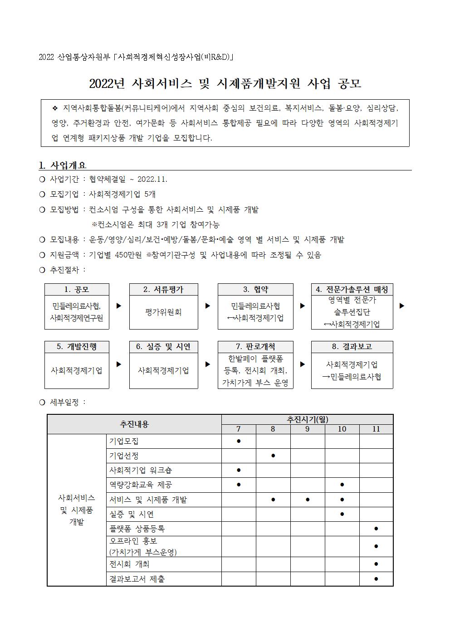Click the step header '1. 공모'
[77, 290]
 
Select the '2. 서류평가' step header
[163, 290]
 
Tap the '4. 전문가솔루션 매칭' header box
[352, 290]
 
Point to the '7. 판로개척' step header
[255, 347]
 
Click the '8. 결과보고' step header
[352, 347]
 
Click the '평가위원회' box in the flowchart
[163, 312]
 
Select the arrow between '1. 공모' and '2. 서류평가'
[119, 306]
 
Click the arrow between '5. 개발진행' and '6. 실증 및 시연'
[119, 364]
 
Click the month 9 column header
[308, 429]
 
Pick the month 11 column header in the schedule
[376, 429]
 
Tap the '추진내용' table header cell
[134, 424]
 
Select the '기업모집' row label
[124, 441]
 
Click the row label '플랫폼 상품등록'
[137, 529]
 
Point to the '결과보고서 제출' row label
[137, 579]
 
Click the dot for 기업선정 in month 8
[273, 456]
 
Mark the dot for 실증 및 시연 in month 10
[342, 514]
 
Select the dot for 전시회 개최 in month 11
[376, 564]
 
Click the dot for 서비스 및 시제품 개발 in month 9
[308, 500]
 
